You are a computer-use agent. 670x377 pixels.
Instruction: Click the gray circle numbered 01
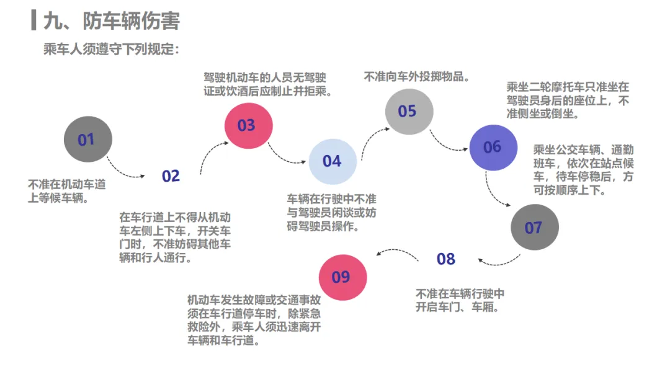(88, 140)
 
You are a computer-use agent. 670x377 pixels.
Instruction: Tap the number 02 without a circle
(171, 176)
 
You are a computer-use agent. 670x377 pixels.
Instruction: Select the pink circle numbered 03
(248, 126)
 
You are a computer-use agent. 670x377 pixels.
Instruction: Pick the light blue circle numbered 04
(333, 161)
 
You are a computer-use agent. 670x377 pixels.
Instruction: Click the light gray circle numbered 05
(408, 112)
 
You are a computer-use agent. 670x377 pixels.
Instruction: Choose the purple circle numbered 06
(493, 147)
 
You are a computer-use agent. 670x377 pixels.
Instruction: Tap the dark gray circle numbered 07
(534, 228)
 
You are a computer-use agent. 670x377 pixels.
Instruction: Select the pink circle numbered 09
(342, 277)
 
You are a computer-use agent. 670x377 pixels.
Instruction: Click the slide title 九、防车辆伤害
(112, 21)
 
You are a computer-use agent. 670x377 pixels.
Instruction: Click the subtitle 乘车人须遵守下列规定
(111, 48)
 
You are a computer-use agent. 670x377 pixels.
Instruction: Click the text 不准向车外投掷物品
(416, 77)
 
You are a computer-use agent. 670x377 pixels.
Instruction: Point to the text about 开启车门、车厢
(460, 300)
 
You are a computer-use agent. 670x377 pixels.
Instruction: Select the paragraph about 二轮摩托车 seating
(568, 100)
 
